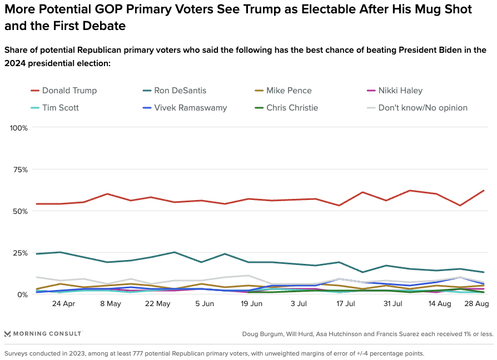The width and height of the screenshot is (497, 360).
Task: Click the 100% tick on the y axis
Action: coord(19,128)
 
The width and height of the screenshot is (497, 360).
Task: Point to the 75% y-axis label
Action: coord(21,169)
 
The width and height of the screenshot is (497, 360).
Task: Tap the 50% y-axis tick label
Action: coord(21,211)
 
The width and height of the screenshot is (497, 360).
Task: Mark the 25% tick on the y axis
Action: coord(21,253)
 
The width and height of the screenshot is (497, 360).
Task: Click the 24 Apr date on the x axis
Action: coord(63,304)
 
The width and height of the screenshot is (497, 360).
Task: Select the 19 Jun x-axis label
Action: coord(251,304)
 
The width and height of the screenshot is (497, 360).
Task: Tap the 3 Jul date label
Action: coord(299,304)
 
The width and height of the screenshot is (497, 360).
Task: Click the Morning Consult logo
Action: coord(43,333)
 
